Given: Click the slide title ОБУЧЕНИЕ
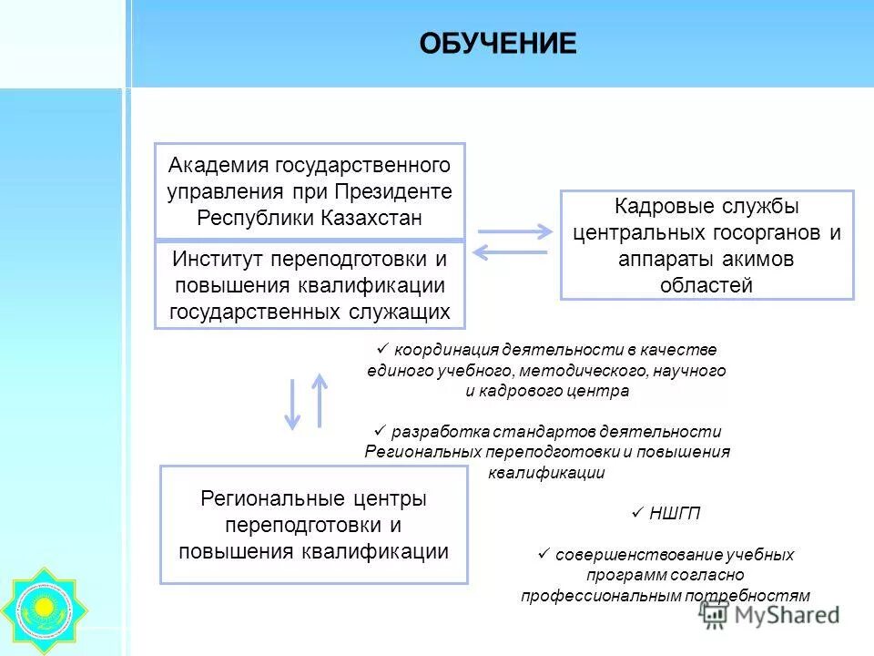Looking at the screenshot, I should point(497,44).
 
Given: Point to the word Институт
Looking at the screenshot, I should point(218,259).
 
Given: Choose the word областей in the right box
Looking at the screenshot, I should point(706,285).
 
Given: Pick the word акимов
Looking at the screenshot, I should point(762,259).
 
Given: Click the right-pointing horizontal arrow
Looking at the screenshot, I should point(514,231).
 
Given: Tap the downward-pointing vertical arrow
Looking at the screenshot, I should point(292,404).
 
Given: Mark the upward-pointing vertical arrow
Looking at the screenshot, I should point(319,399).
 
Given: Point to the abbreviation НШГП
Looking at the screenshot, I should point(675,514).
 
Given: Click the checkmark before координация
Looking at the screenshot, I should point(381,349).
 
